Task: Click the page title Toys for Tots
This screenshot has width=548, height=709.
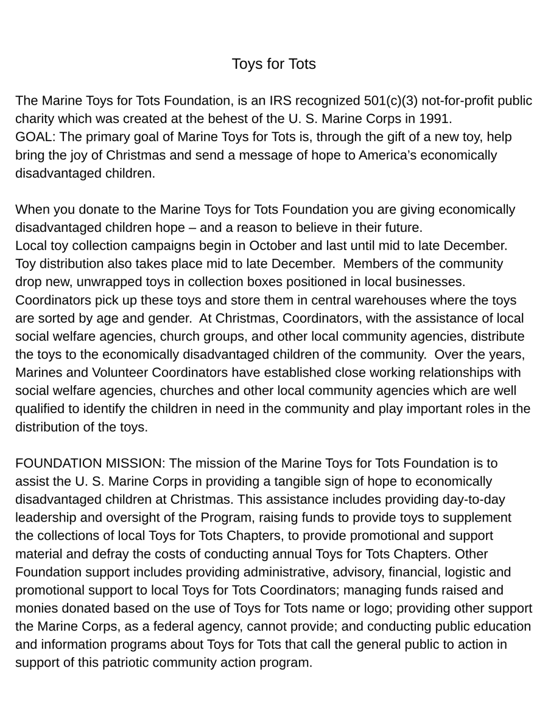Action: pos(273,64)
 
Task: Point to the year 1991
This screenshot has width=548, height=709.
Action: pos(435,119)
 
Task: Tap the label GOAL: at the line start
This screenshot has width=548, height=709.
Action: pos(36,137)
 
